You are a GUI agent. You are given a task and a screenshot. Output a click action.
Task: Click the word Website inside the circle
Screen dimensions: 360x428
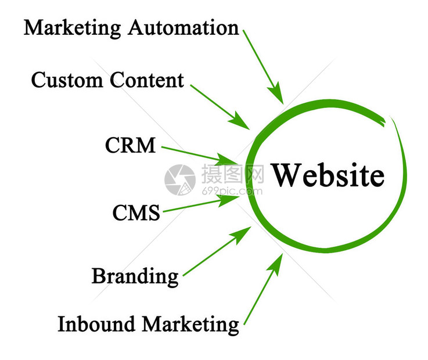point(328,175)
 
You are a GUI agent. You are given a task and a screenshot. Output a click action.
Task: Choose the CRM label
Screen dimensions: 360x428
point(130,145)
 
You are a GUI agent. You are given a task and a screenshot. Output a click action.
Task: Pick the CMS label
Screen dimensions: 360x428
point(136,213)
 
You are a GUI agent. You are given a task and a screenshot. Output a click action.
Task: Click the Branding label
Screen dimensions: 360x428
point(135,275)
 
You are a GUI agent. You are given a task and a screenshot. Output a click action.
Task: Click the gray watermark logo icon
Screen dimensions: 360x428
point(180,179)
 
